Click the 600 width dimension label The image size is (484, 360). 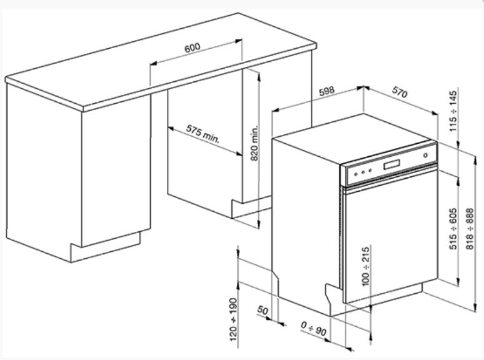tap(193, 48)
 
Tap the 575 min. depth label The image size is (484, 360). tap(203, 134)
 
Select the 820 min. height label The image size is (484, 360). tap(255, 143)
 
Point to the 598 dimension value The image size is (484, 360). tap(326, 91)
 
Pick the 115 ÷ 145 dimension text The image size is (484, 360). tap(453, 111)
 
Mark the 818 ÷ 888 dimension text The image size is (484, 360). tap(470, 229)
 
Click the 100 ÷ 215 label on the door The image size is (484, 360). tap(365, 266)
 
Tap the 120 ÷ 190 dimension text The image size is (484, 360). tap(234, 319)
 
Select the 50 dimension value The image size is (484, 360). tap(263, 310)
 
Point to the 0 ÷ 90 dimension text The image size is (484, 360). tap(313, 329)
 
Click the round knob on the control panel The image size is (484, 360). tap(426, 155)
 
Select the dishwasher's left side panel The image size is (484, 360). tap(304, 222)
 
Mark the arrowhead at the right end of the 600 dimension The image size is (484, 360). tap(239, 41)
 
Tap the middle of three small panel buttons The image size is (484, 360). tap(363, 172)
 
